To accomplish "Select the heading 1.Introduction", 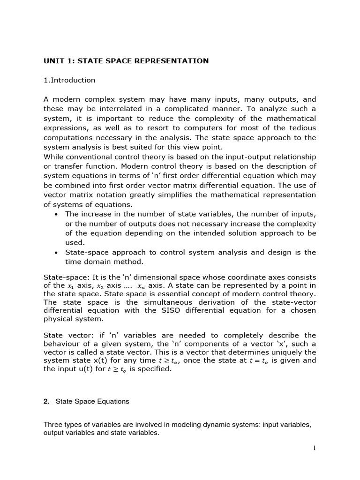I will point(69,80).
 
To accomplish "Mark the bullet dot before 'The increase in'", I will point(56,214).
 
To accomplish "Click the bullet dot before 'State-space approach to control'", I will point(56,253).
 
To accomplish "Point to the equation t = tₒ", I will point(259,361).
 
